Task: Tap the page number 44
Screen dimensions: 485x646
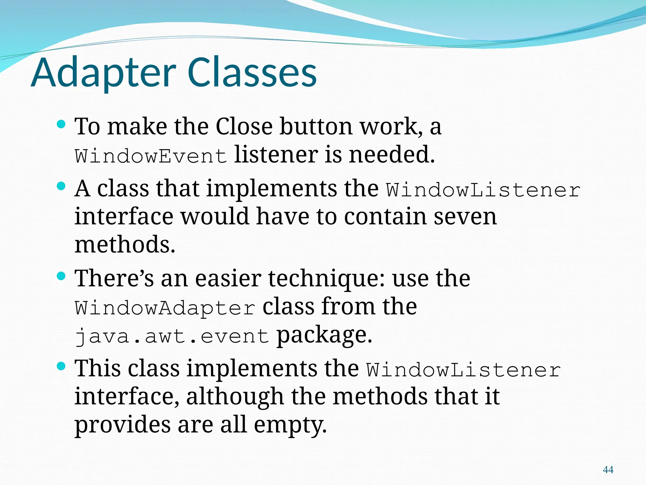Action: coord(608,470)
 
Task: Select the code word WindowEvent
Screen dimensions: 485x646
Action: coord(151,156)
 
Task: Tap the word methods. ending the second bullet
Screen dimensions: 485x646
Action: coord(125,245)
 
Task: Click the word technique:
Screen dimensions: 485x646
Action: coord(326,278)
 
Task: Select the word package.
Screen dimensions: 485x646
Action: coord(324,335)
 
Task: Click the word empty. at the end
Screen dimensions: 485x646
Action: coord(290,425)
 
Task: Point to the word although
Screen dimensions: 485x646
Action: coord(235,397)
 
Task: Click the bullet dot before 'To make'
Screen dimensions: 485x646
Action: coord(61,124)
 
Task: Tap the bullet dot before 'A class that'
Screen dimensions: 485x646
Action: coord(61,186)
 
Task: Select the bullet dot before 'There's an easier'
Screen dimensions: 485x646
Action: coord(61,276)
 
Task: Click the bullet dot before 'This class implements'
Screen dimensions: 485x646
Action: coord(61,366)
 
